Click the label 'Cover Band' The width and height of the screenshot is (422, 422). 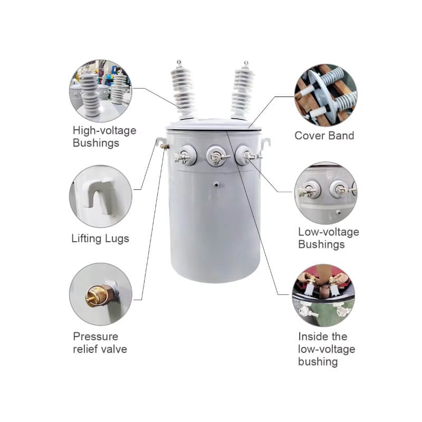[x=324, y=136]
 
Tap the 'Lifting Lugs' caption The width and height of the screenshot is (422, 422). [x=100, y=239]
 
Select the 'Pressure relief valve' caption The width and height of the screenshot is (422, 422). [x=100, y=342]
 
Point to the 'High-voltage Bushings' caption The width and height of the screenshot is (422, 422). [x=104, y=137]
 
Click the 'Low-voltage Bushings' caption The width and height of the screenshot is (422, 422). [x=328, y=238]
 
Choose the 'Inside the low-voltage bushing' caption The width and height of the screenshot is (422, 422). [x=327, y=349]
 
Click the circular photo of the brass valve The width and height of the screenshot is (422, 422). [x=101, y=294]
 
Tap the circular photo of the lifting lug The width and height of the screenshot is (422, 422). [x=101, y=196]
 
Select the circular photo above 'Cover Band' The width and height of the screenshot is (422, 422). [x=326, y=95]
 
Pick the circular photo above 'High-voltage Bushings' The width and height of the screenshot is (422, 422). [x=101, y=91]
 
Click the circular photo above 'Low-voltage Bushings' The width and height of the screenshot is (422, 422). [x=326, y=193]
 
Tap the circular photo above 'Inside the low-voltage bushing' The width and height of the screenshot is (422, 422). [x=324, y=295]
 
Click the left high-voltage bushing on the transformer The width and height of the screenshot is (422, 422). [x=182, y=90]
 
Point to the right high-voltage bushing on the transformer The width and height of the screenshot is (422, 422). [x=242, y=91]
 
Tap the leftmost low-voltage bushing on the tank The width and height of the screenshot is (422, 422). [x=186, y=155]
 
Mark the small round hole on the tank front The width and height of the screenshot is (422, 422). [x=216, y=185]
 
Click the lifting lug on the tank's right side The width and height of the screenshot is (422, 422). [x=265, y=145]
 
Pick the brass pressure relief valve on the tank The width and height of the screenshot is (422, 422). [x=165, y=147]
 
